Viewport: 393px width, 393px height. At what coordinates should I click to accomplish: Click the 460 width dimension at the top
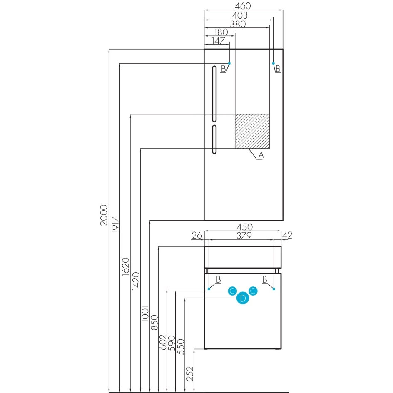coord(243,5)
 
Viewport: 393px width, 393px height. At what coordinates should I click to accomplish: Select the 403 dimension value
coord(240,15)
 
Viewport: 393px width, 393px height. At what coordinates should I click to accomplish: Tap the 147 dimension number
coord(218,41)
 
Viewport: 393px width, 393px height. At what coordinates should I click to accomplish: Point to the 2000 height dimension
coord(104,215)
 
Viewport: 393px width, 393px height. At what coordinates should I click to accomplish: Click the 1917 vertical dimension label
coord(115,224)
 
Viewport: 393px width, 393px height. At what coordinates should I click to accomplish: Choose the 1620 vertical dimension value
coord(126,267)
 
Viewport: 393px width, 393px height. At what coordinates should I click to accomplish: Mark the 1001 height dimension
coord(145,314)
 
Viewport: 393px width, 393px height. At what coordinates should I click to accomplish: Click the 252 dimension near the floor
coord(190,373)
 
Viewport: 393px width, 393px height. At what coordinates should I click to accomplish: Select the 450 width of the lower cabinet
coord(245,227)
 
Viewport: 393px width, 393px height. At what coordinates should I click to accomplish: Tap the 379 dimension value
coord(244,236)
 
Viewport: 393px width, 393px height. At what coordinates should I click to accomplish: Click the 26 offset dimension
coord(197,235)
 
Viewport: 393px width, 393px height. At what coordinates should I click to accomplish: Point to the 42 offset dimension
coord(287,235)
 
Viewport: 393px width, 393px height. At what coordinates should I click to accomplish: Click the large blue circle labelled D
coord(243,298)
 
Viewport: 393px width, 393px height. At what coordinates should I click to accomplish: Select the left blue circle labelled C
coord(232,291)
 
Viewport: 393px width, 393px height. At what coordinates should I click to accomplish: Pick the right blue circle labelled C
coord(253,291)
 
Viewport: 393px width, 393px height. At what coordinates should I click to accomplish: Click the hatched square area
coord(252,131)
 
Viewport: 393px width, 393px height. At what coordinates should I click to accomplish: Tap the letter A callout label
coord(261,155)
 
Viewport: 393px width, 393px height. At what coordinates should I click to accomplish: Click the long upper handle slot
coord(214,94)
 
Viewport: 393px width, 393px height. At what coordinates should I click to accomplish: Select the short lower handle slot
coord(214,139)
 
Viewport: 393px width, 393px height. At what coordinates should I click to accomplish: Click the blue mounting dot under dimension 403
coord(274,63)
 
